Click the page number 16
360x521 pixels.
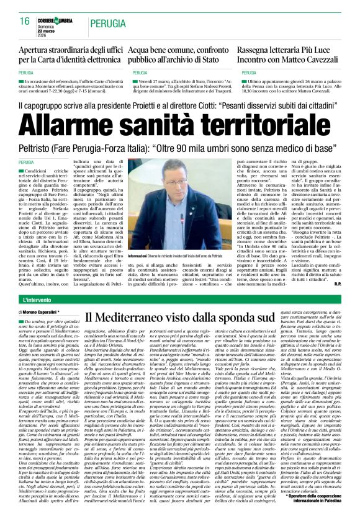point(24,21)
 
